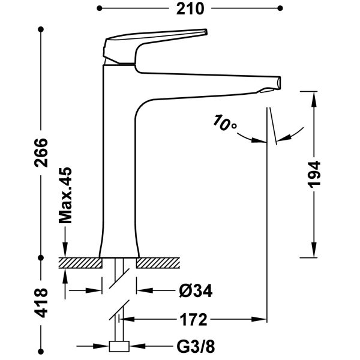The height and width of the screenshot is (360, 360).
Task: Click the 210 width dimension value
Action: [190, 9]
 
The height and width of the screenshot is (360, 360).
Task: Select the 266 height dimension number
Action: [41, 152]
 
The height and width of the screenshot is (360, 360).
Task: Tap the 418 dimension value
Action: [41, 303]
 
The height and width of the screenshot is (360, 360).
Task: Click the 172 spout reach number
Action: [193, 320]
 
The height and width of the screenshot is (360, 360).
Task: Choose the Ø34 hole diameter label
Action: [196, 291]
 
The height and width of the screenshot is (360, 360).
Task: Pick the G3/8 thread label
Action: [196, 347]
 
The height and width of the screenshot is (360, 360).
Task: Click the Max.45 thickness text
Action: [65, 195]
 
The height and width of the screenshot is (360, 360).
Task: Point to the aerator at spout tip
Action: [269, 90]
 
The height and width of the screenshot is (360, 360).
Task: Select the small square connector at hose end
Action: [119, 346]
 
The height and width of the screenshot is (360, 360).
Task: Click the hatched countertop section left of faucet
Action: [80, 263]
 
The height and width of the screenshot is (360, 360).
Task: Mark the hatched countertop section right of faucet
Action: [158, 263]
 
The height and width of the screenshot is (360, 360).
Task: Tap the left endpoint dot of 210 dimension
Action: [99, 8]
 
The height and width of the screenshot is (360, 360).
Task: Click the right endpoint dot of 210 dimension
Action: [280, 8]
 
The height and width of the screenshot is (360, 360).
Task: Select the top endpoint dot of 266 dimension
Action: [41, 29]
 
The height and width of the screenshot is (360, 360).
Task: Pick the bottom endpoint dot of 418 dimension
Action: [41, 352]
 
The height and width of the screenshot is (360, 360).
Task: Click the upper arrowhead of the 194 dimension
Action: [314, 99]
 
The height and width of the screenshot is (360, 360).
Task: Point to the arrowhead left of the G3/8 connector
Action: [101, 346]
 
